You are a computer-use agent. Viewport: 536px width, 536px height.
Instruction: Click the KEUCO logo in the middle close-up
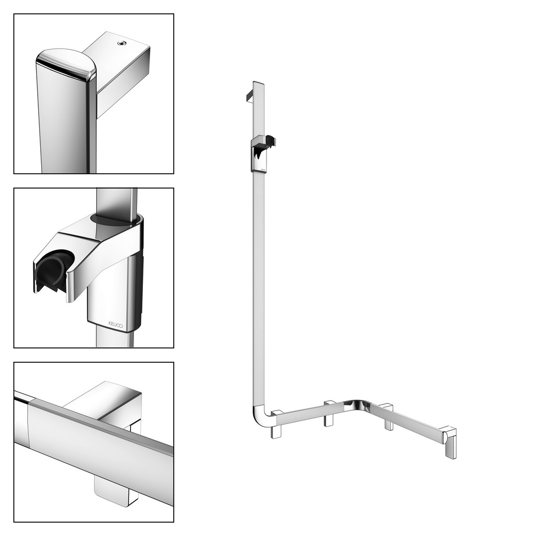(x=115, y=325)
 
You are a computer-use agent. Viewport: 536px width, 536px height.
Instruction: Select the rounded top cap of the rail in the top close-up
(x=67, y=64)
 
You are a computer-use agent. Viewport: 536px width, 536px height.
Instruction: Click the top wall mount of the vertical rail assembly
(x=249, y=96)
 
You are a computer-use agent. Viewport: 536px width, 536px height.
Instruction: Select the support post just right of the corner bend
(x=389, y=417)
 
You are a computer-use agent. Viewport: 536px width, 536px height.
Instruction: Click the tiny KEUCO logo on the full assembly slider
(x=263, y=169)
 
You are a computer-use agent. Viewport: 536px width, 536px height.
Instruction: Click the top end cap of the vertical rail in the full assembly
(x=259, y=83)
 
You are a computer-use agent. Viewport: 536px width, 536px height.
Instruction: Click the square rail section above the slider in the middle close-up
(x=117, y=201)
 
